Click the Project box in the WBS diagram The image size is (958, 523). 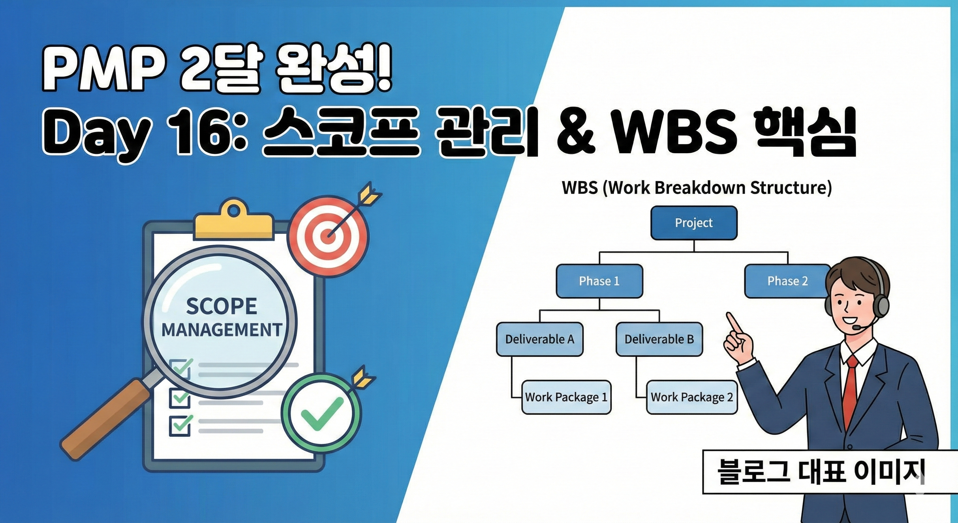(x=694, y=223)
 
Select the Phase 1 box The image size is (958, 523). (x=599, y=281)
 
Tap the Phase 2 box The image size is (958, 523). (x=787, y=281)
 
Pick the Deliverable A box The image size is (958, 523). (x=540, y=339)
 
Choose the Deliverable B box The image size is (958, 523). (x=659, y=339)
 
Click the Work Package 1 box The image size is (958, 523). (x=566, y=397)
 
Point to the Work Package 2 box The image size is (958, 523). (x=692, y=397)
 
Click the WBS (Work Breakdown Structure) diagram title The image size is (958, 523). (x=697, y=187)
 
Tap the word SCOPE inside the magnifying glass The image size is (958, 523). (x=222, y=306)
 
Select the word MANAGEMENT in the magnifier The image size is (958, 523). (x=222, y=330)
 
